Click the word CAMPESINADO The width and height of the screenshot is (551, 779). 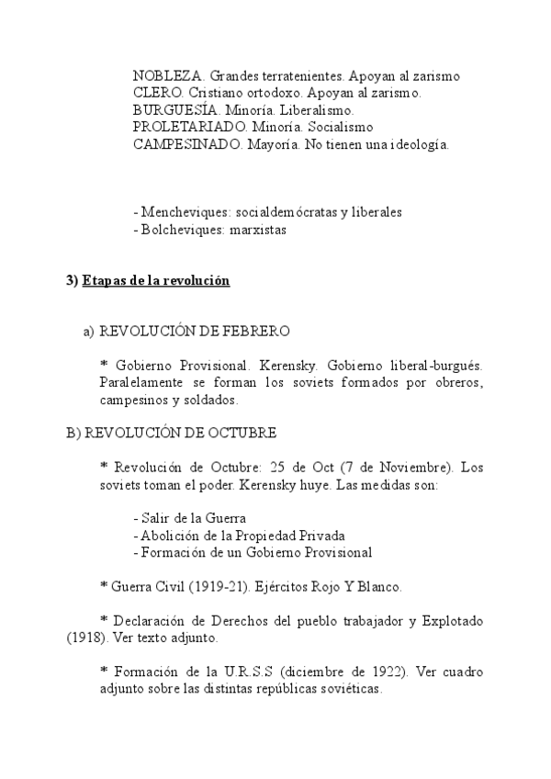[x=179, y=144]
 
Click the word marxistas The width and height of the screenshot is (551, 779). [x=260, y=230]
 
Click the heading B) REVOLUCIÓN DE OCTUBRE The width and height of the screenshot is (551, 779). [x=171, y=432]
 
